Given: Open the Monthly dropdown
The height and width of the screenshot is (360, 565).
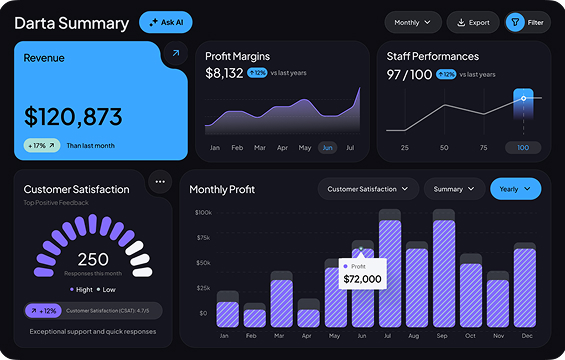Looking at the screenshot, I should [x=412, y=22].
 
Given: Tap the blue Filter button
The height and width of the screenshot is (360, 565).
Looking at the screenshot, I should [x=528, y=22].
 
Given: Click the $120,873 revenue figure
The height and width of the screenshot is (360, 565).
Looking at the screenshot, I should [x=74, y=116].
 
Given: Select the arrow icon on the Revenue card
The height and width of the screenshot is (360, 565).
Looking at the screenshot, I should [x=175, y=53].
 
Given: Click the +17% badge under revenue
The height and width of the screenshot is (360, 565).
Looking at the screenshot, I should [x=42, y=145].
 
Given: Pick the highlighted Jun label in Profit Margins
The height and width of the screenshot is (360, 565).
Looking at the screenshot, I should [x=327, y=147].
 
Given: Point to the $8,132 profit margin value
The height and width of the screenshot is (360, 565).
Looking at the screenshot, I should [x=224, y=73].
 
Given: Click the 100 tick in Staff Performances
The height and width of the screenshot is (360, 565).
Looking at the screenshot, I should [x=522, y=147].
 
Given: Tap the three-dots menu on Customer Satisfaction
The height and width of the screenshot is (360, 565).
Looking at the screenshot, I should [x=160, y=182].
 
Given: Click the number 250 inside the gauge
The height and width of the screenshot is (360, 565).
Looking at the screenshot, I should [x=93, y=258].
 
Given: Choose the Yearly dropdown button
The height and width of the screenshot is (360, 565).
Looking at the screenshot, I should [x=515, y=188].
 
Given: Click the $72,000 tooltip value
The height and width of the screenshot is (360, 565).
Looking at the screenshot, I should [x=362, y=278].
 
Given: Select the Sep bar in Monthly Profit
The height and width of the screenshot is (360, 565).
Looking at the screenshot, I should [x=443, y=270].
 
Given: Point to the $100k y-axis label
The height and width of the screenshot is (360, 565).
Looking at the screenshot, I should [x=203, y=213].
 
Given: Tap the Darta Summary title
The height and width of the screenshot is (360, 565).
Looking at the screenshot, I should [x=70, y=22].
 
